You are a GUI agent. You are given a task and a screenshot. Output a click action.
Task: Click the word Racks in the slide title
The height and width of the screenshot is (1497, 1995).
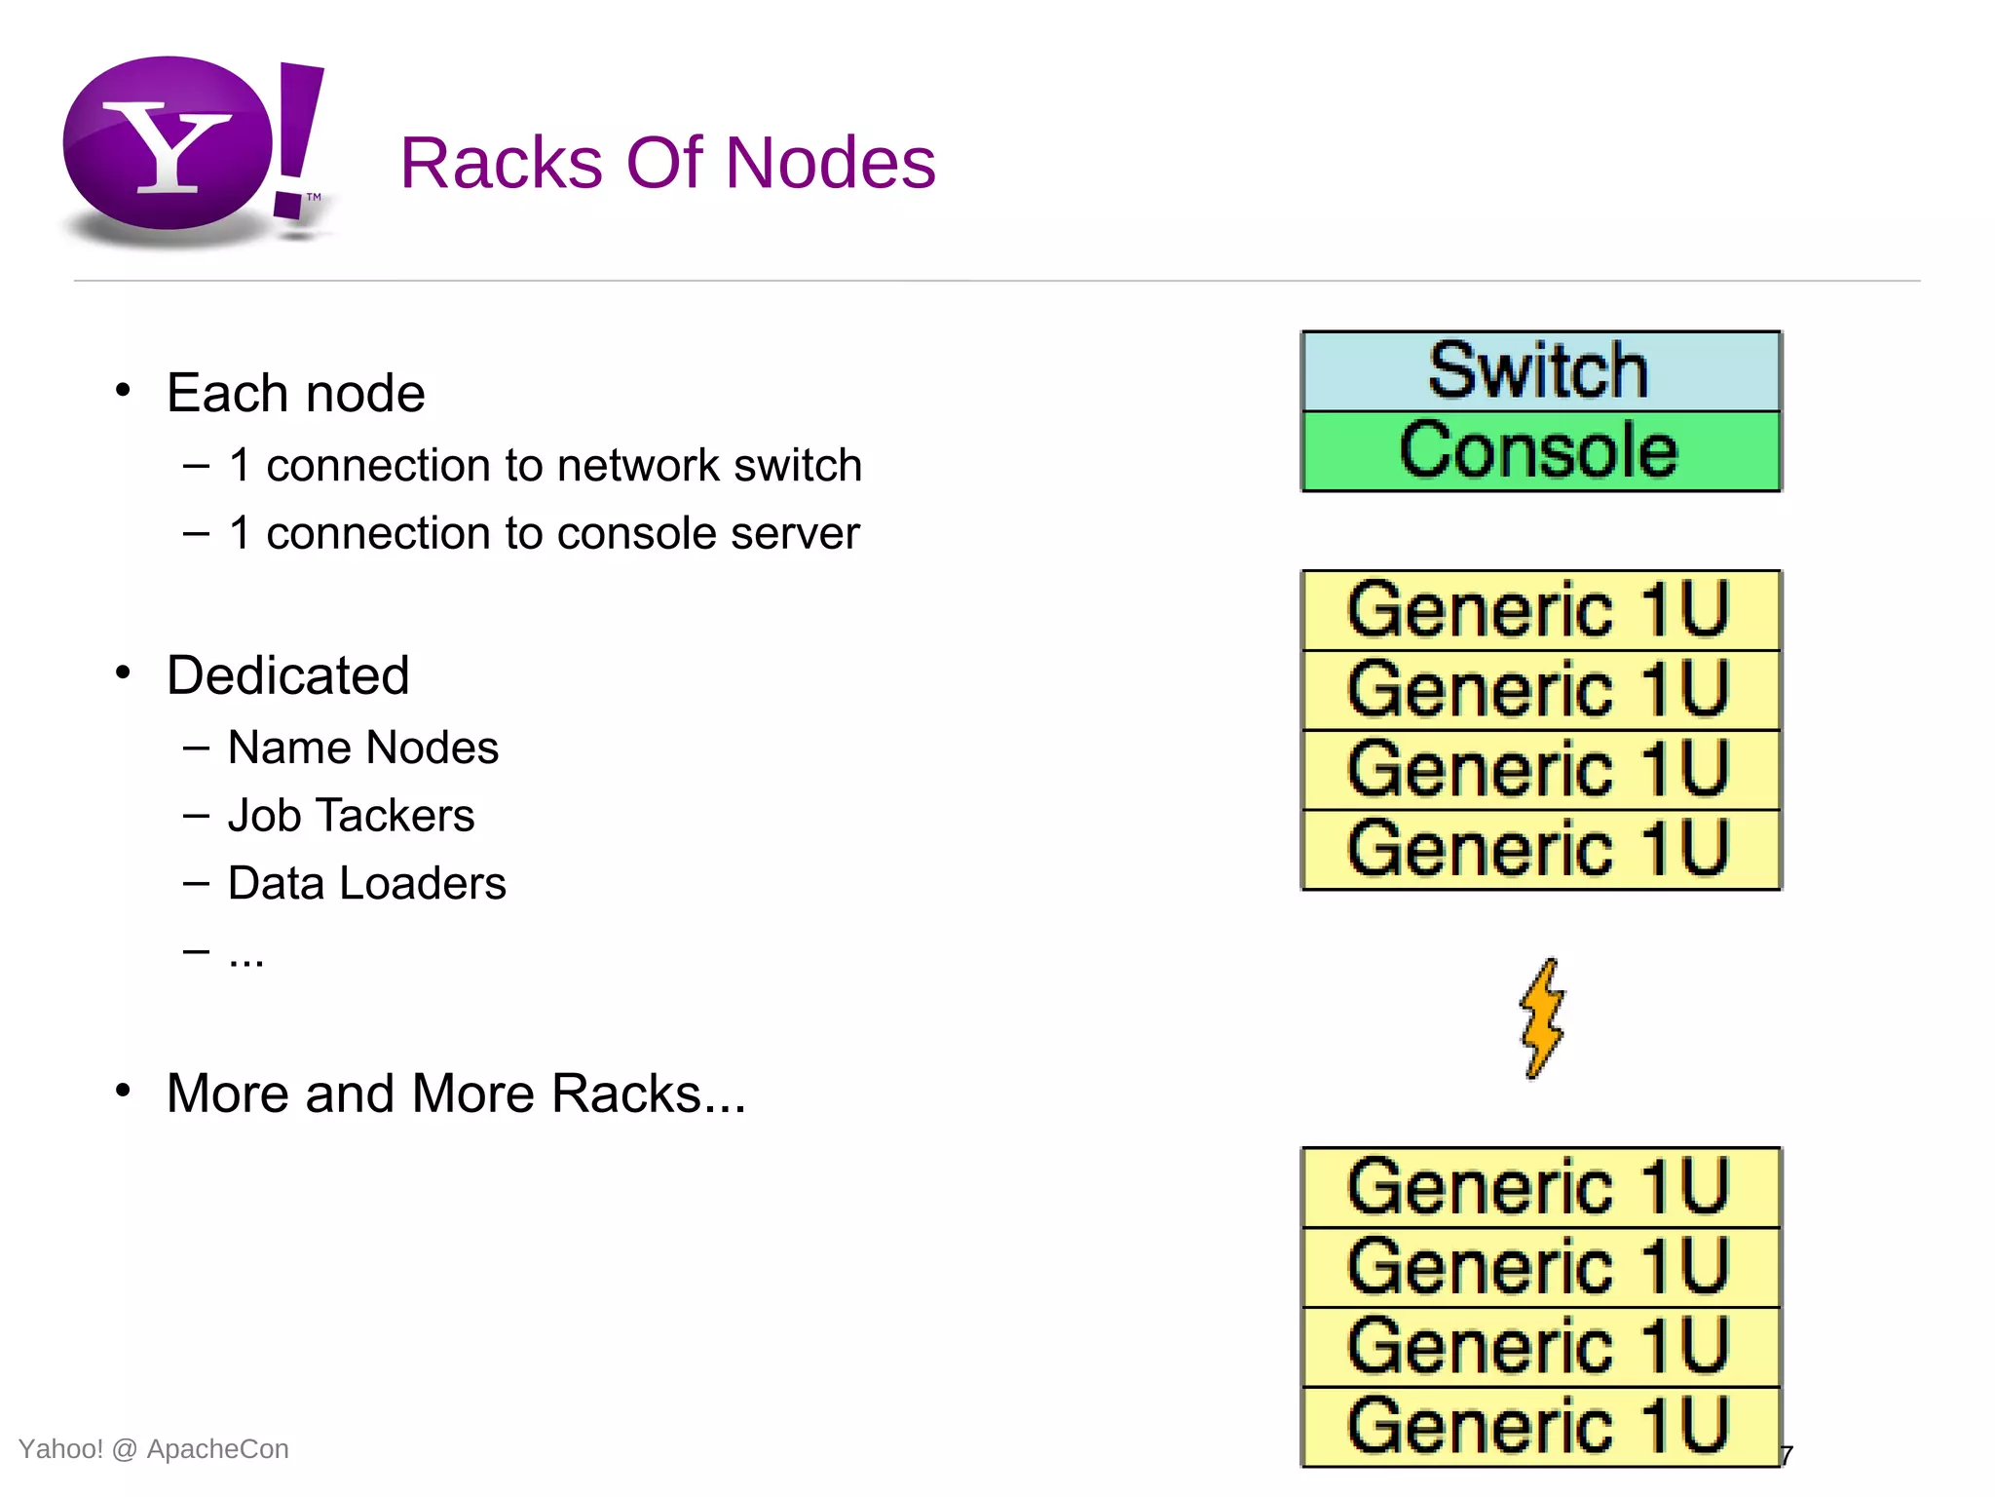click(x=502, y=163)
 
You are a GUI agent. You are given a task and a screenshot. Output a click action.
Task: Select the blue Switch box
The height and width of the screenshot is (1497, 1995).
click(x=1541, y=371)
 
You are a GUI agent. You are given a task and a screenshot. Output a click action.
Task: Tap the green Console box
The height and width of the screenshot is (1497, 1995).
click(x=1541, y=451)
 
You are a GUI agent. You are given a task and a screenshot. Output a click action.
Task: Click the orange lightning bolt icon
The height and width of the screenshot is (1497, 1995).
click(x=1542, y=1018)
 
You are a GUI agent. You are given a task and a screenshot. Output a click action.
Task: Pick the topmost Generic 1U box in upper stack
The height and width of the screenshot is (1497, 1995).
click(x=1541, y=611)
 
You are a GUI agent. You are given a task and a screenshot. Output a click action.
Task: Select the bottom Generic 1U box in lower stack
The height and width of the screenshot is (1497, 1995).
click(x=1541, y=1427)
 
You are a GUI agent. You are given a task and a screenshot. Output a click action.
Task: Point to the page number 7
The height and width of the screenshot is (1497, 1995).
click(x=1787, y=1456)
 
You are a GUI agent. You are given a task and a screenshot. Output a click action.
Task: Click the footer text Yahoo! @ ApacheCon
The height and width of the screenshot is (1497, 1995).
click(x=153, y=1449)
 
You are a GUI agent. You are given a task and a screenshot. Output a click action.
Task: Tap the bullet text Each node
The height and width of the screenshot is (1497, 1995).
click(x=295, y=393)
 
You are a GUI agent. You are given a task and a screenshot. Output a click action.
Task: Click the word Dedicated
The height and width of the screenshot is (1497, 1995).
click(x=287, y=675)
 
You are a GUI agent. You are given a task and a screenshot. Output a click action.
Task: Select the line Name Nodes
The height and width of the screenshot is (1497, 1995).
click(x=362, y=748)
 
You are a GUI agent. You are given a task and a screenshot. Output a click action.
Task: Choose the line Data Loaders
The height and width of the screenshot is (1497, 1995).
click(x=366, y=883)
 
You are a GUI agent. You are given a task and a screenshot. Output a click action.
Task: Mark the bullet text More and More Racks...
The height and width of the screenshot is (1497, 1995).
click(x=455, y=1094)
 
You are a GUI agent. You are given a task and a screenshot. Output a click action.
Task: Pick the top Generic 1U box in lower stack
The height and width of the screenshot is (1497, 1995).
click(x=1541, y=1187)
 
